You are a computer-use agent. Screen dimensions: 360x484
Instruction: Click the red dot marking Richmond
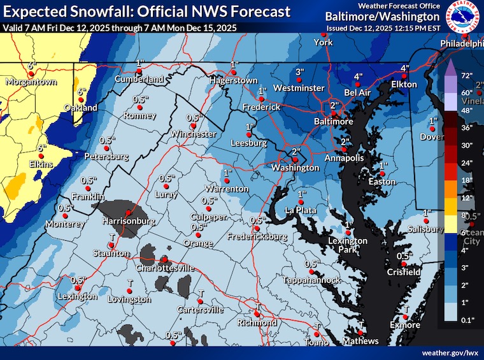pos(257,314)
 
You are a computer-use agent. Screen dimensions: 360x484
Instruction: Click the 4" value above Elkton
pos(404,68)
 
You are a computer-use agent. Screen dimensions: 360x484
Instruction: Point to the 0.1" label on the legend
pos(468,320)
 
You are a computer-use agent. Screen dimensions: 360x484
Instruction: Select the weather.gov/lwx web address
pos(449,352)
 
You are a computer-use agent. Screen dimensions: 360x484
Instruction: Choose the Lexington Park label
pos(348,245)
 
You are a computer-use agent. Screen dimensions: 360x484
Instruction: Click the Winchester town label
pos(194,134)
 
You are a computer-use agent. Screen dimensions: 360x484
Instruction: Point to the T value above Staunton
pos(112,236)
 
